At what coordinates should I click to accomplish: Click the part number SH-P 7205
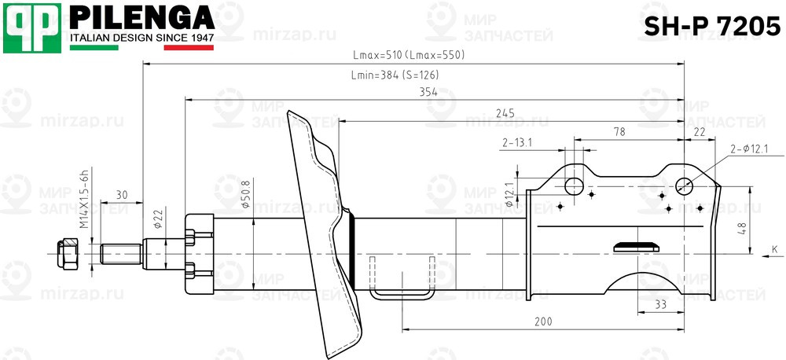pyautogui.click(x=712, y=27)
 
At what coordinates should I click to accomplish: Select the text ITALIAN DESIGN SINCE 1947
pyautogui.click(x=142, y=38)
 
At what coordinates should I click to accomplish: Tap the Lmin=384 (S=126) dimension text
pyautogui.click(x=394, y=75)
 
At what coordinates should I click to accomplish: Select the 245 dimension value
pyautogui.click(x=505, y=114)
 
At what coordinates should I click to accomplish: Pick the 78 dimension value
pyautogui.click(x=619, y=132)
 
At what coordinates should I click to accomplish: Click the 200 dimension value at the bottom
pyautogui.click(x=543, y=321)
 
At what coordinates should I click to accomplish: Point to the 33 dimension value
pyautogui.click(x=660, y=303)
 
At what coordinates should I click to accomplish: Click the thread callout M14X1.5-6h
pyautogui.click(x=83, y=198)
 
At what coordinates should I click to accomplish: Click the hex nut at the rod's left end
pyautogui.click(x=67, y=253)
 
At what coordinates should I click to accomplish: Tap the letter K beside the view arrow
pyautogui.click(x=773, y=249)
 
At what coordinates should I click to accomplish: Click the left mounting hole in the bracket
pyautogui.click(x=575, y=186)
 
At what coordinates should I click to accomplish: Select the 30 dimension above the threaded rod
pyautogui.click(x=122, y=194)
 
